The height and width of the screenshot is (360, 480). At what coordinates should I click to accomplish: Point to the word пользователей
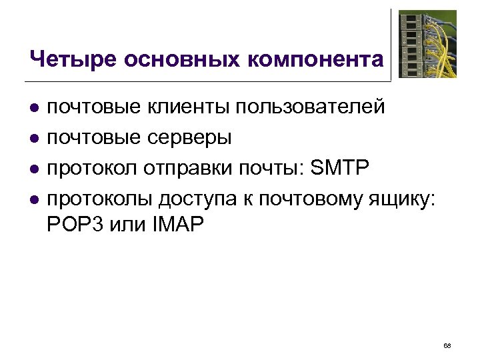click(x=311, y=107)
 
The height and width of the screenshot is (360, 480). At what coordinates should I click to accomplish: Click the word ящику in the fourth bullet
click(x=399, y=199)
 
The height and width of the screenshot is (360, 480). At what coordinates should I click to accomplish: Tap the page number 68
click(x=447, y=345)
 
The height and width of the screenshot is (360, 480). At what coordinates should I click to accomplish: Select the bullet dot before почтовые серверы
click(x=35, y=139)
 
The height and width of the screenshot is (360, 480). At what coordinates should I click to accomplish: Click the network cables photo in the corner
click(x=427, y=44)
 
